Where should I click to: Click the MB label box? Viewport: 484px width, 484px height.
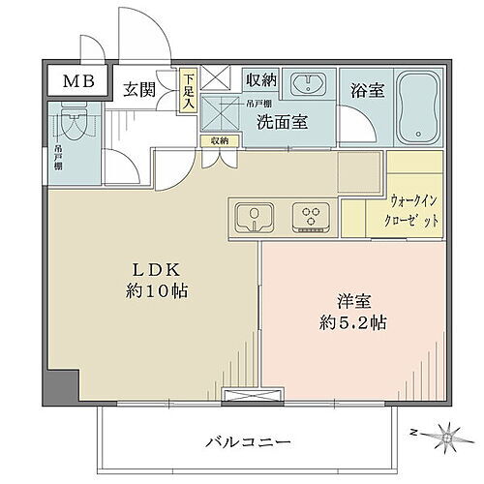tap(79, 81)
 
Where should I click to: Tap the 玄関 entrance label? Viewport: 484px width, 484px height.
tap(139, 90)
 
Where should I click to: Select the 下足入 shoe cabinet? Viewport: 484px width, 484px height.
tap(189, 91)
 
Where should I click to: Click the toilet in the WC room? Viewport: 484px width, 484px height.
tap(74, 127)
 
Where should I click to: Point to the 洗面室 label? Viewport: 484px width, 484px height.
tap(282, 122)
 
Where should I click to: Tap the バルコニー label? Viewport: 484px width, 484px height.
tap(248, 442)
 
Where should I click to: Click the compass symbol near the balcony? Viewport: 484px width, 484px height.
tap(446, 437)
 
